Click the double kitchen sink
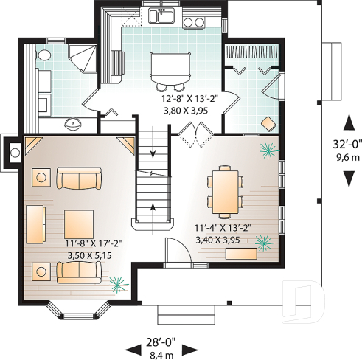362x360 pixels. (x=161, y=15)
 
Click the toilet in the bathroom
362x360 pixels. (x=43, y=55)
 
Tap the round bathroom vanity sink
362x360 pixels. (x=73, y=122)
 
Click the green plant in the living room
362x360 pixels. (x=116, y=284)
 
